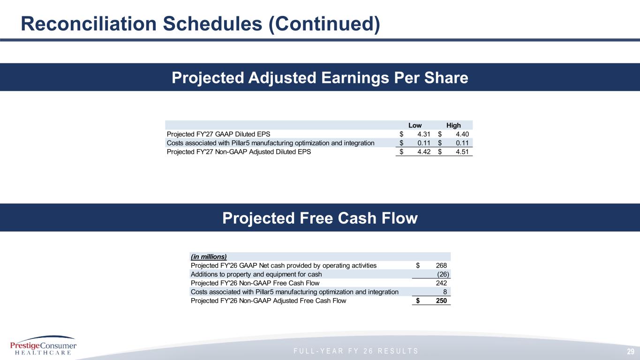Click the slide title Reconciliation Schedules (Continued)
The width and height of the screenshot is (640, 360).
(200, 23)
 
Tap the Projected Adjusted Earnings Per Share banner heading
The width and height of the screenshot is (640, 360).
(320, 77)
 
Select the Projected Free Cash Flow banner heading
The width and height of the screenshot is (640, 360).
(320, 218)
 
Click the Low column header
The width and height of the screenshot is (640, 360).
(415, 126)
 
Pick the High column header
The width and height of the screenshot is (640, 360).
(453, 126)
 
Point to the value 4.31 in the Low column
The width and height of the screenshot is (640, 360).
(424, 134)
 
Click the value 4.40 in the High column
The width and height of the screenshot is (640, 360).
(462, 134)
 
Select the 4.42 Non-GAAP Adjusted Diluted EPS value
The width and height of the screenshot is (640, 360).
(424, 152)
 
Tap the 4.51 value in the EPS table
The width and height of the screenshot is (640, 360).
(462, 152)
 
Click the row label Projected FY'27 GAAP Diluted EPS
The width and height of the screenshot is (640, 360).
(218, 134)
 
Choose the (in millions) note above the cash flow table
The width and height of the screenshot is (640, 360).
(209, 256)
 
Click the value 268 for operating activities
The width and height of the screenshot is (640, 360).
(441, 265)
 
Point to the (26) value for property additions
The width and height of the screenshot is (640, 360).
(443, 274)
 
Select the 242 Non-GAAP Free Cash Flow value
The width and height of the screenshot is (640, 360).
(441, 283)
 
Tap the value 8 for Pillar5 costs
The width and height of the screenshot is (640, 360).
(445, 292)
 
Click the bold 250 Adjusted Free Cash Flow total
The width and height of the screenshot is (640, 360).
(441, 300)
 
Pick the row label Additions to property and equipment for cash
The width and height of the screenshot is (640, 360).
(256, 274)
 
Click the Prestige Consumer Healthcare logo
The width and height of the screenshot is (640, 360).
(43, 345)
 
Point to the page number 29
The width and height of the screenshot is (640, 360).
(631, 352)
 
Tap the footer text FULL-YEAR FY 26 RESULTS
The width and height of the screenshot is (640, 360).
(356, 351)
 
